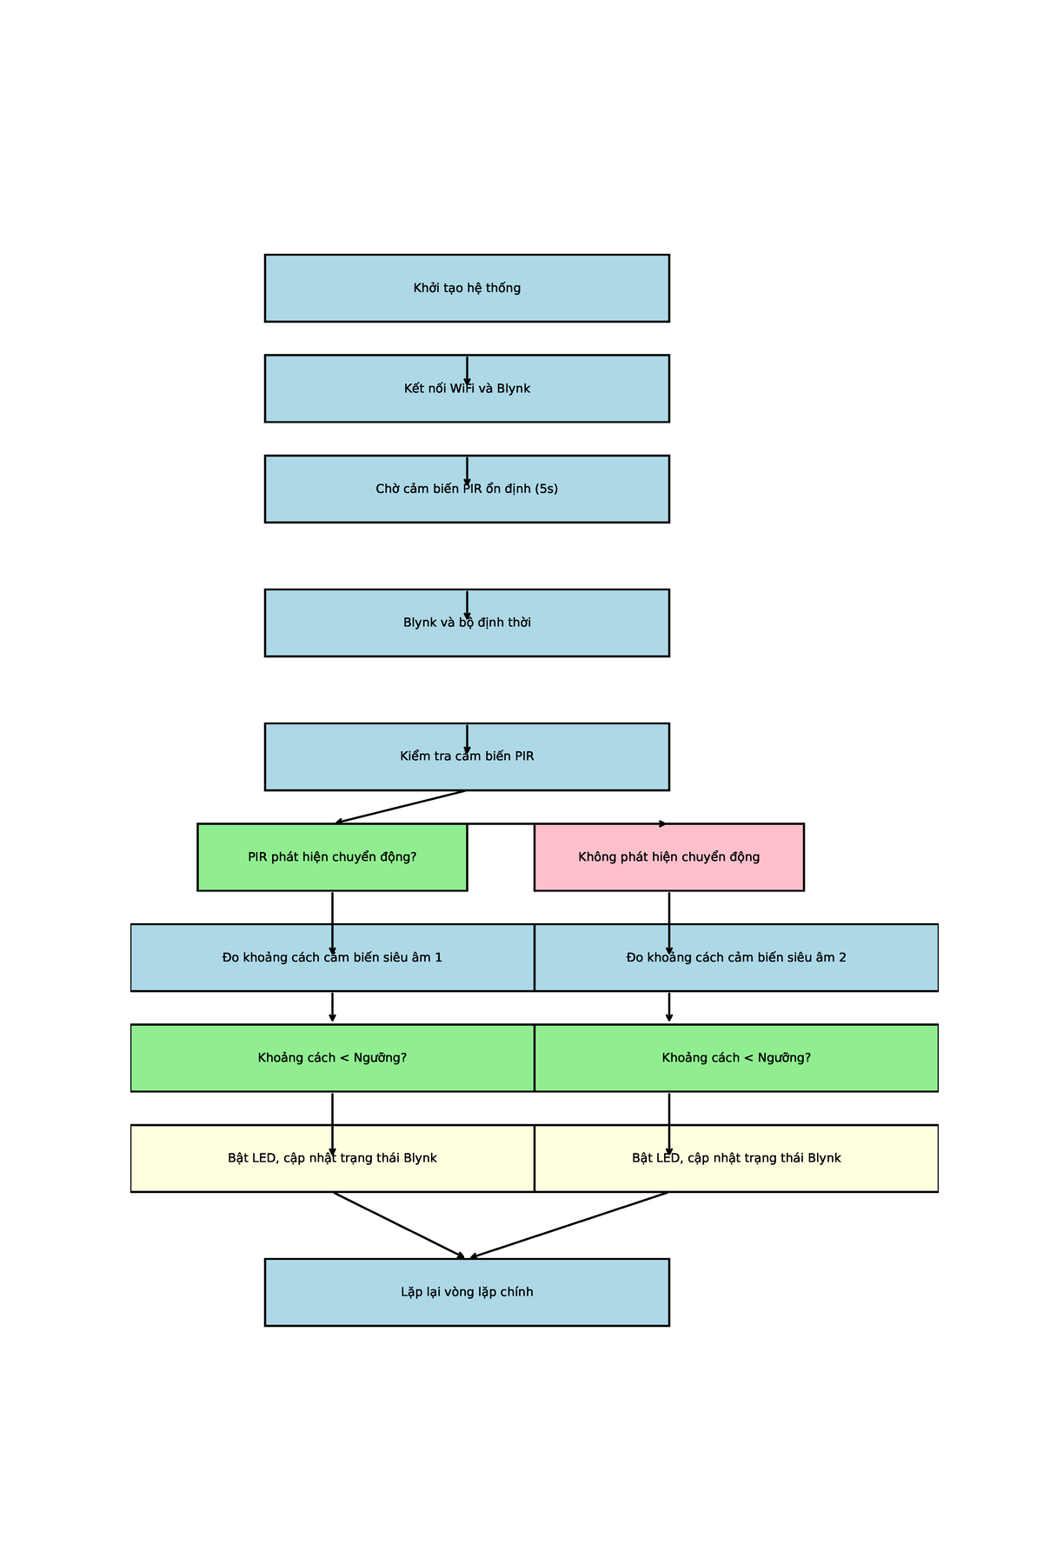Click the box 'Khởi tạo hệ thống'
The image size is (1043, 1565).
[x=467, y=288]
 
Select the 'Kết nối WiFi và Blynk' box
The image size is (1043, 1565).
[x=467, y=388]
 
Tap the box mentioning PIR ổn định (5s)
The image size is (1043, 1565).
[x=467, y=489]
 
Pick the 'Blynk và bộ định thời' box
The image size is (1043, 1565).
[x=467, y=623]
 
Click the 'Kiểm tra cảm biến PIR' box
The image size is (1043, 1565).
[x=467, y=756]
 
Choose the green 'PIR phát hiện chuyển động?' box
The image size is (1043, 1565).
[x=332, y=856]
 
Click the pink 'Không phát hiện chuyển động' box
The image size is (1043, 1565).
[x=668, y=856]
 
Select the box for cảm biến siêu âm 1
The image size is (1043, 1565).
[x=332, y=957]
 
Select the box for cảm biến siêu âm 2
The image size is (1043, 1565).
[x=736, y=957]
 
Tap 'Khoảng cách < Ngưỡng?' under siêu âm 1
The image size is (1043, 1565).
[x=332, y=1057]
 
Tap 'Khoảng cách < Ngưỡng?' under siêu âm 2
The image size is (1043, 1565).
[x=736, y=1057]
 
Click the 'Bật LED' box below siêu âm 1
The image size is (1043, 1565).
[x=332, y=1158]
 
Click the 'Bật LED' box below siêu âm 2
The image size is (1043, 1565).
[x=736, y=1158]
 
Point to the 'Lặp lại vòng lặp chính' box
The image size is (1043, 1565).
[x=467, y=1292]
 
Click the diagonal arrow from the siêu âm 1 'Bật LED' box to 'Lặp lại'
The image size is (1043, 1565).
[x=399, y=1224]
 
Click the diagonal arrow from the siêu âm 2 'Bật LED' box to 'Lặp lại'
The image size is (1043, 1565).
[x=569, y=1224]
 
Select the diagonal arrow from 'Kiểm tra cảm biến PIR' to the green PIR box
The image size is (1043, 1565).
[x=401, y=806]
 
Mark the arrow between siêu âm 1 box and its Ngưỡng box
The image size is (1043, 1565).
[x=332, y=1007]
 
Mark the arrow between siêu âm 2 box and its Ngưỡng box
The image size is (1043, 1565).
[x=668, y=1007]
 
